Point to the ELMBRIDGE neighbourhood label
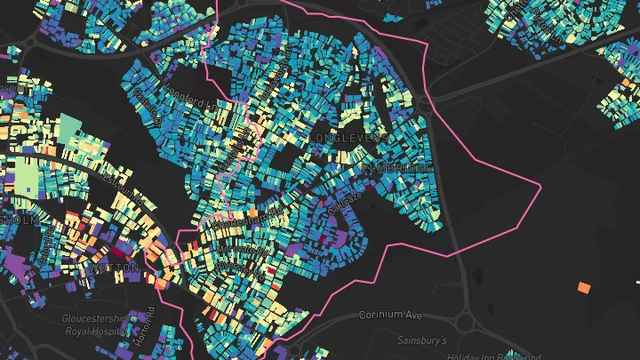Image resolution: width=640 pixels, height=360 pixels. pos(397,167)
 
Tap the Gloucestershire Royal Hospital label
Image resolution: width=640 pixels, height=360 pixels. pos(95,324)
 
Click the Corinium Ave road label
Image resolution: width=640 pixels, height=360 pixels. pos(391,315)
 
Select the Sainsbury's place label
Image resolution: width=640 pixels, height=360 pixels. pos(420,340)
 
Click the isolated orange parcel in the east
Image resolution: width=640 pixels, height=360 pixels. pos(584,287)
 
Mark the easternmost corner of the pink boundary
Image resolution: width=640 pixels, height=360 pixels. pos(540,185)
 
